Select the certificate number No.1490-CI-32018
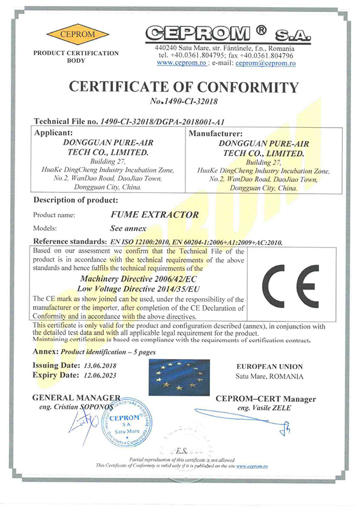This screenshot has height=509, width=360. click(183, 102)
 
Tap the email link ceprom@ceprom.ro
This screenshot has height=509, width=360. click(264, 62)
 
